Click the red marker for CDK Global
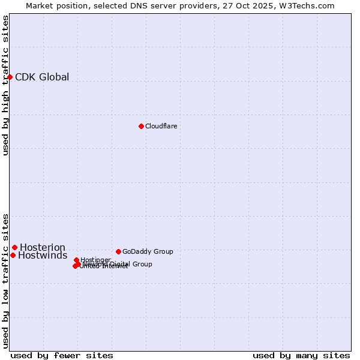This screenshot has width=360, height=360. (10, 77)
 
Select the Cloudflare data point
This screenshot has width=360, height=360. (141, 126)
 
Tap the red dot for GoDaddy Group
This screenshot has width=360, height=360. (118, 251)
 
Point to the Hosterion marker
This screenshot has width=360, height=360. (15, 247)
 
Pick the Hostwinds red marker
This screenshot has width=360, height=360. (13, 255)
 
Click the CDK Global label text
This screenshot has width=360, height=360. (42, 77)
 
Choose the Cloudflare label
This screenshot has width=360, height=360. (161, 126)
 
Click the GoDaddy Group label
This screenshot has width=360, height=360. (148, 251)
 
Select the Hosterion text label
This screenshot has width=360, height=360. (43, 247)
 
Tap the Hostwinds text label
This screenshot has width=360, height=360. (43, 256)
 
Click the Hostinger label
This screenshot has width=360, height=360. (95, 260)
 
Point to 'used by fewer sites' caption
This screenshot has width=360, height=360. (62, 355)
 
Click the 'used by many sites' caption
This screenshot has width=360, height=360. (301, 355)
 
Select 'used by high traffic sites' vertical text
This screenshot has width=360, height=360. (5, 85)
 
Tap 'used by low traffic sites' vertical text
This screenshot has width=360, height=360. (5, 280)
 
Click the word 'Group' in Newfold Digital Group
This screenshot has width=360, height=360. (142, 264)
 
